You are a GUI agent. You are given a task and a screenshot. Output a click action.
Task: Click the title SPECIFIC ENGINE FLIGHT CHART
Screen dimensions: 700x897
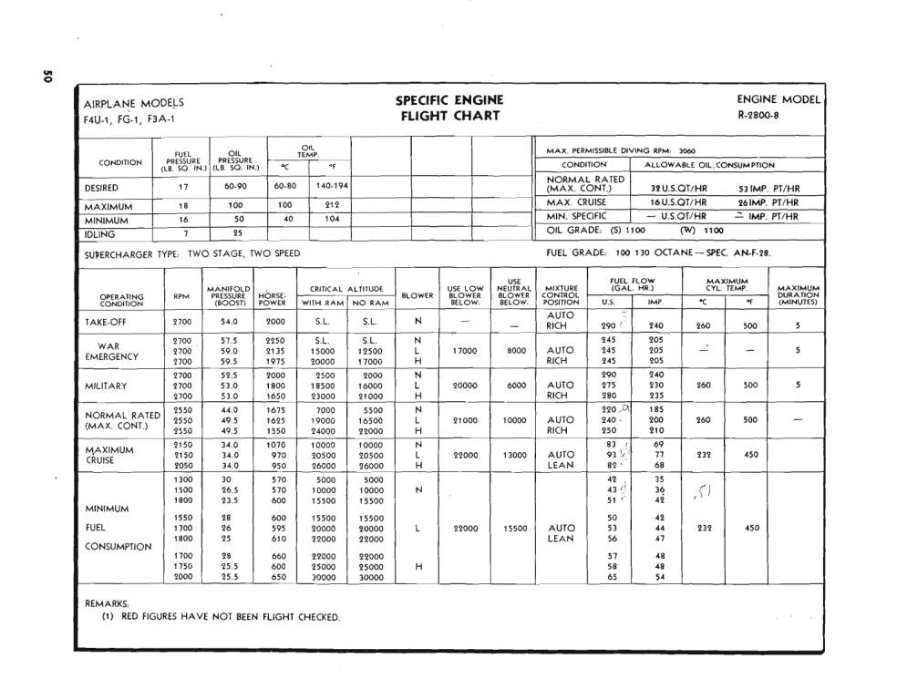[x=448, y=108]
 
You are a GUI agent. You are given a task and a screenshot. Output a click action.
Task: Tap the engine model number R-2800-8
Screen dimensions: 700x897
[x=763, y=116]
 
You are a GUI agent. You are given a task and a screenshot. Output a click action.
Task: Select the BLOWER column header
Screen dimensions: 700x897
[x=418, y=295]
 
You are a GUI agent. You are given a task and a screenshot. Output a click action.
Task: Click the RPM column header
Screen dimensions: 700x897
[x=180, y=295]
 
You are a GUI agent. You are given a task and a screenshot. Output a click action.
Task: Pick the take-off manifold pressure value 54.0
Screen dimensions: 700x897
[x=229, y=322]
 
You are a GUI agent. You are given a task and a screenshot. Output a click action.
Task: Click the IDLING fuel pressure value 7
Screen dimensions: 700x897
[x=184, y=233]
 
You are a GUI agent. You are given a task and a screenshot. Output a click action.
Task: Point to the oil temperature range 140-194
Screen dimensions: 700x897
[x=332, y=186]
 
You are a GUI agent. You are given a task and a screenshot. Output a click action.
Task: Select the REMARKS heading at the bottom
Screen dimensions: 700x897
[x=106, y=603]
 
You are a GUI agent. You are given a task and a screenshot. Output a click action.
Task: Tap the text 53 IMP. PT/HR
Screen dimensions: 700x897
[x=768, y=189]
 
